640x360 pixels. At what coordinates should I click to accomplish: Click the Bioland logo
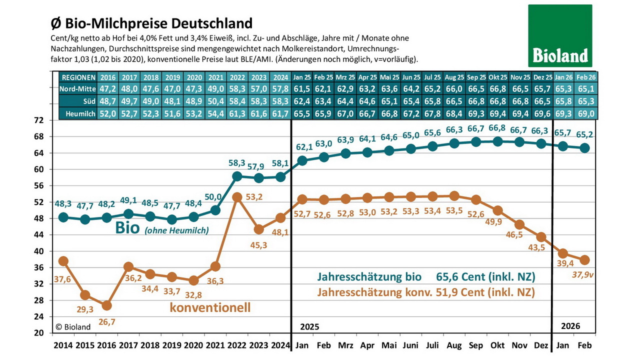[560, 35]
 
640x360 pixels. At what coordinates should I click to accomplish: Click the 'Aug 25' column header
[453, 77]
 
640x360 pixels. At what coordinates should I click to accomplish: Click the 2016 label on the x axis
[106, 345]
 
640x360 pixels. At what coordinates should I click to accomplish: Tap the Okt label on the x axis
[497, 345]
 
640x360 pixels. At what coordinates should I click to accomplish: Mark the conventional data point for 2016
[106, 305]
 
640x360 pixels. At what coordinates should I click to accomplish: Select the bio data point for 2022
[237, 176]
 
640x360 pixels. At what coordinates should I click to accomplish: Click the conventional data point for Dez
[540, 236]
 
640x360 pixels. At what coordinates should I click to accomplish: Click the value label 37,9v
[582, 274]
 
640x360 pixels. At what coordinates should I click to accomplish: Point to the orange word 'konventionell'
[210, 307]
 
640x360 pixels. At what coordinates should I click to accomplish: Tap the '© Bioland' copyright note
[73, 326]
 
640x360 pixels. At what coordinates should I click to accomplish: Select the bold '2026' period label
[570, 326]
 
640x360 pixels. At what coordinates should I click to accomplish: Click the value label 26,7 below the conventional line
[106, 322]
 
